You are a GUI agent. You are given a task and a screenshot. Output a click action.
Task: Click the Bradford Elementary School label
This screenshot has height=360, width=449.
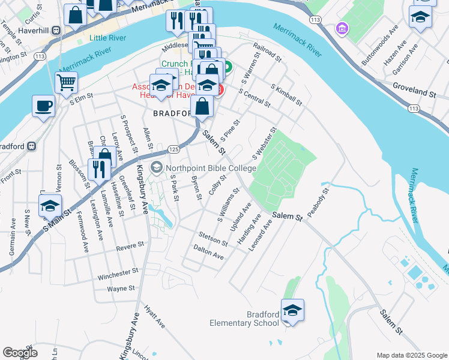click(244, 319)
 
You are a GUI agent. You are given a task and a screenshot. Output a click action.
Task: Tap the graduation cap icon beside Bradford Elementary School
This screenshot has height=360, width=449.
click(292, 310)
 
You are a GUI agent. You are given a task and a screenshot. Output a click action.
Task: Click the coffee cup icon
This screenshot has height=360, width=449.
click(43, 106)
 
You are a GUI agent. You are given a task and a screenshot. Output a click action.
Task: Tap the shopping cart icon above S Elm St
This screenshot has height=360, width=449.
click(66, 82)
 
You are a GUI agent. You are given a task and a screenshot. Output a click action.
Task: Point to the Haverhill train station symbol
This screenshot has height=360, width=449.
click(56, 30)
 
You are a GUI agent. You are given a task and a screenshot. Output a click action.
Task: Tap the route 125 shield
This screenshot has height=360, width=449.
click(173, 148)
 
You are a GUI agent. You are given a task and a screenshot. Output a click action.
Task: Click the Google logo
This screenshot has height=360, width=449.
click(20, 353)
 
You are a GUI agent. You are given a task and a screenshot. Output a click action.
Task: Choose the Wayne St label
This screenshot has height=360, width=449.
click(120, 289)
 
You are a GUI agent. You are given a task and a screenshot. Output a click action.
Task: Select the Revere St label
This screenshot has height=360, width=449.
click(131, 245)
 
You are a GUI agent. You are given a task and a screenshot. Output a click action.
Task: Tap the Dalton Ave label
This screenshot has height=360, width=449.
click(208, 252)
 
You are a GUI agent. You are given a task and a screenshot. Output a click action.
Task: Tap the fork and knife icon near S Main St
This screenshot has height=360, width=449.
click(98, 169)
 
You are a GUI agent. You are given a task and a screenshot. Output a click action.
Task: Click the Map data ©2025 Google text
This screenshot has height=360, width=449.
click(411, 355)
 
